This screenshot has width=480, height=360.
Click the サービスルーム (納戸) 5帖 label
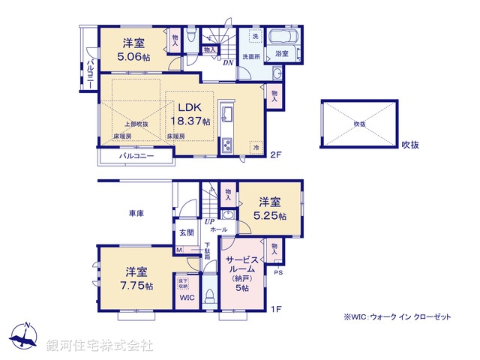pos(242,273)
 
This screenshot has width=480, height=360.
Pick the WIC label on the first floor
pos(186,297)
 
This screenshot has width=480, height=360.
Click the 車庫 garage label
pos(135,214)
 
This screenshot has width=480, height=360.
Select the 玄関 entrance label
pos(186,233)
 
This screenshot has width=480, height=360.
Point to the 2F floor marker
pos(275,154)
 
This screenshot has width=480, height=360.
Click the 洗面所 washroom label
pos(250,56)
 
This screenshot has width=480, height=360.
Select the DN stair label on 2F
pos(226,63)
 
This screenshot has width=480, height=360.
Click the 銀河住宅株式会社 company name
pos(100,345)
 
